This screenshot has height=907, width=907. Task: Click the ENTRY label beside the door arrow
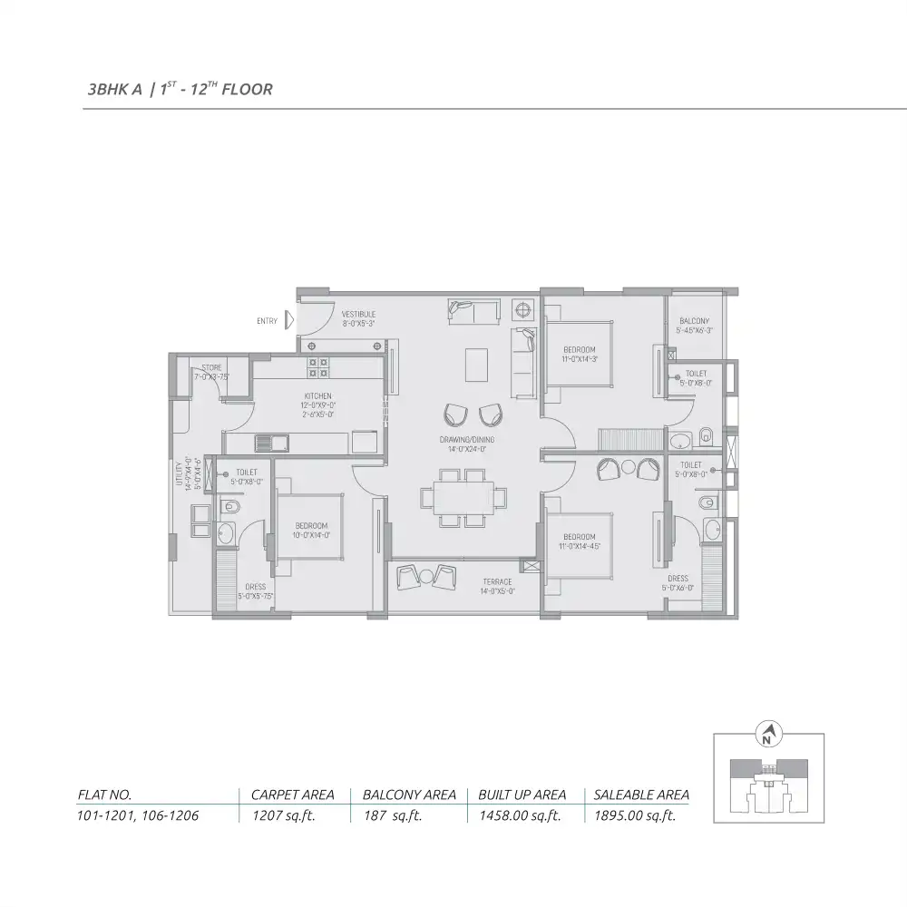coord(268,321)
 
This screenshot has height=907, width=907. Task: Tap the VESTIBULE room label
coord(358,315)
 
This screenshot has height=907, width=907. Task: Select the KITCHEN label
coord(317,396)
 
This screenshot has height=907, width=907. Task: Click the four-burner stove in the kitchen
coord(319,366)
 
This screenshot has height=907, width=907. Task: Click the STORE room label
coord(210,368)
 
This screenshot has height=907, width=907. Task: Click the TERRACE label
coord(497,581)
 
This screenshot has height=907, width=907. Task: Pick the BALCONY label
coord(694,321)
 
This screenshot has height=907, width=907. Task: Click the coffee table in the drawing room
coord(475,365)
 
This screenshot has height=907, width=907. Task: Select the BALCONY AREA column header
coord(409,795)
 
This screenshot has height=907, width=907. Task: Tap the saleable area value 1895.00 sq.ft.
coord(635,815)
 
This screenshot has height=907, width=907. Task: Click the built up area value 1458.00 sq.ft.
coord(520,815)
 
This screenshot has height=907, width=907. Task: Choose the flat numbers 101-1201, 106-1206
coord(138,815)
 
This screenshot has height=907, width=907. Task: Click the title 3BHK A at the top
coord(114,90)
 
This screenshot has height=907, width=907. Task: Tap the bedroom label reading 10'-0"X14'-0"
coord(311,532)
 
